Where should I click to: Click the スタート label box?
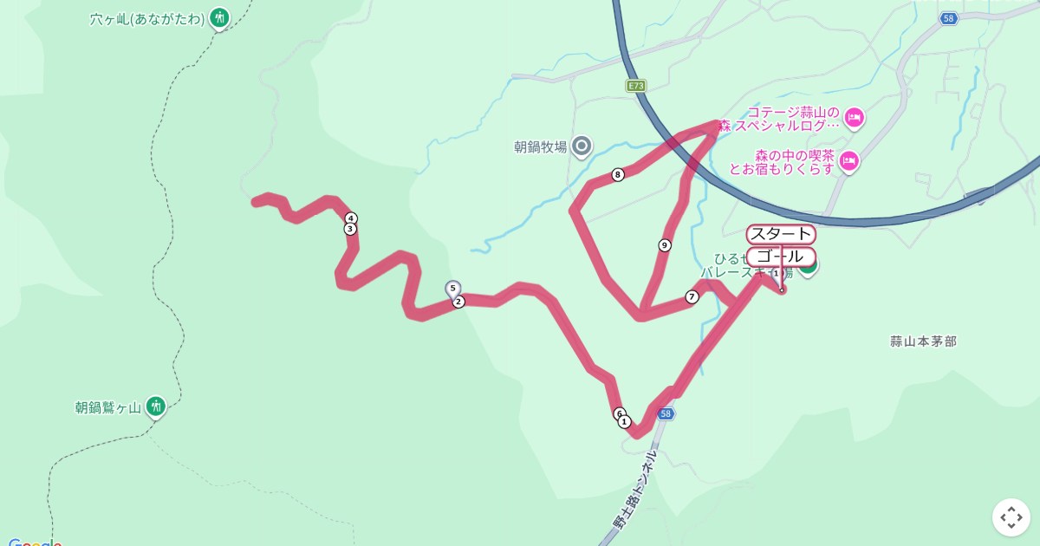[780, 234]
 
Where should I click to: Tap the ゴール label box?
[780, 257]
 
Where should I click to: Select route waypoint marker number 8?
[618, 175]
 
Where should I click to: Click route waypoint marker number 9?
[665, 245]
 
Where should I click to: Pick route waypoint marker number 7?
[692, 297]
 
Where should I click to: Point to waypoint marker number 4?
[351, 218]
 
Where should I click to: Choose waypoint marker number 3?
[350, 229]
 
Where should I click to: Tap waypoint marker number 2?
[458, 302]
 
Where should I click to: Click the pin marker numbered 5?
[452, 289]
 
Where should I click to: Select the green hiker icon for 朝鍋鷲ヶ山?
[155, 406]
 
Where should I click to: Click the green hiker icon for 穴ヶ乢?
[219, 17]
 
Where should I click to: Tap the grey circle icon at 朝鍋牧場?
[582, 146]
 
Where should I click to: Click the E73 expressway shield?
[636, 85]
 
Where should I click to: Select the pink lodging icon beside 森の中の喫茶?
[848, 160]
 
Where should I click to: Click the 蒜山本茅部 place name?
[923, 341]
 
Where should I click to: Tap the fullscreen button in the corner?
[1011, 517]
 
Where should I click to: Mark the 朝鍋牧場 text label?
[540, 147]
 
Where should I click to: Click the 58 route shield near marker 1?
[665, 414]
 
